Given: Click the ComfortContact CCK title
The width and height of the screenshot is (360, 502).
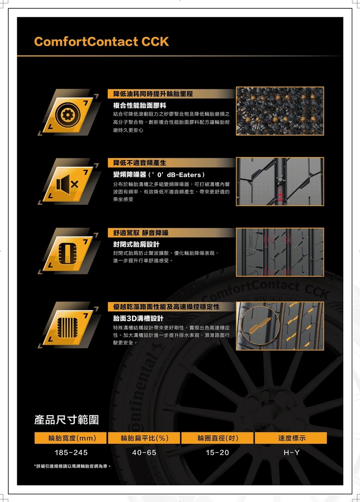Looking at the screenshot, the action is (x=101, y=42).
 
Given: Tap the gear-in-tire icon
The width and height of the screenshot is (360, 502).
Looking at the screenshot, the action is (x=68, y=115).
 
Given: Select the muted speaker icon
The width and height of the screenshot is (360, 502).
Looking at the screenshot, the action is (x=67, y=184).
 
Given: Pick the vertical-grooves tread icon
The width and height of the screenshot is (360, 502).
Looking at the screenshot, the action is (x=68, y=328).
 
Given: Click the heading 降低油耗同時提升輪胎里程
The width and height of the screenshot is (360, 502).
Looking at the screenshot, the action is (x=153, y=94).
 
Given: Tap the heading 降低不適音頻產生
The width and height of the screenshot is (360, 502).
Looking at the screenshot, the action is (x=140, y=163).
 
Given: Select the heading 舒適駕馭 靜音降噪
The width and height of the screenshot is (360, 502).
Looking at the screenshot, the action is (x=141, y=233).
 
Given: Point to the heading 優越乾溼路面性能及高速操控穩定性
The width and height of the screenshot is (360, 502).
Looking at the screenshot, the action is (x=166, y=307).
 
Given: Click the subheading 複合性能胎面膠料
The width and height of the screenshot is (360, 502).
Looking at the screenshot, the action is (x=140, y=105).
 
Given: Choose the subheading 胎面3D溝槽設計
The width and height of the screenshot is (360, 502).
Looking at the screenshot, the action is (x=138, y=318).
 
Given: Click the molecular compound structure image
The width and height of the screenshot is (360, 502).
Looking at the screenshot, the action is (x=280, y=111).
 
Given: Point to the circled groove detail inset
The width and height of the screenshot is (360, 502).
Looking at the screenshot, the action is (x=260, y=326).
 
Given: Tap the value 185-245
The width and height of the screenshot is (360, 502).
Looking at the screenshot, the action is (x=71, y=452).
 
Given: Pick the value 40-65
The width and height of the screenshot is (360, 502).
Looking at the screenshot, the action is (x=144, y=452).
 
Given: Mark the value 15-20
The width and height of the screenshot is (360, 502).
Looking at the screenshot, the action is (x=217, y=452).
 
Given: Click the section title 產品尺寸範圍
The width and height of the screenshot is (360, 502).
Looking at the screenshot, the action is (x=66, y=420).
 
